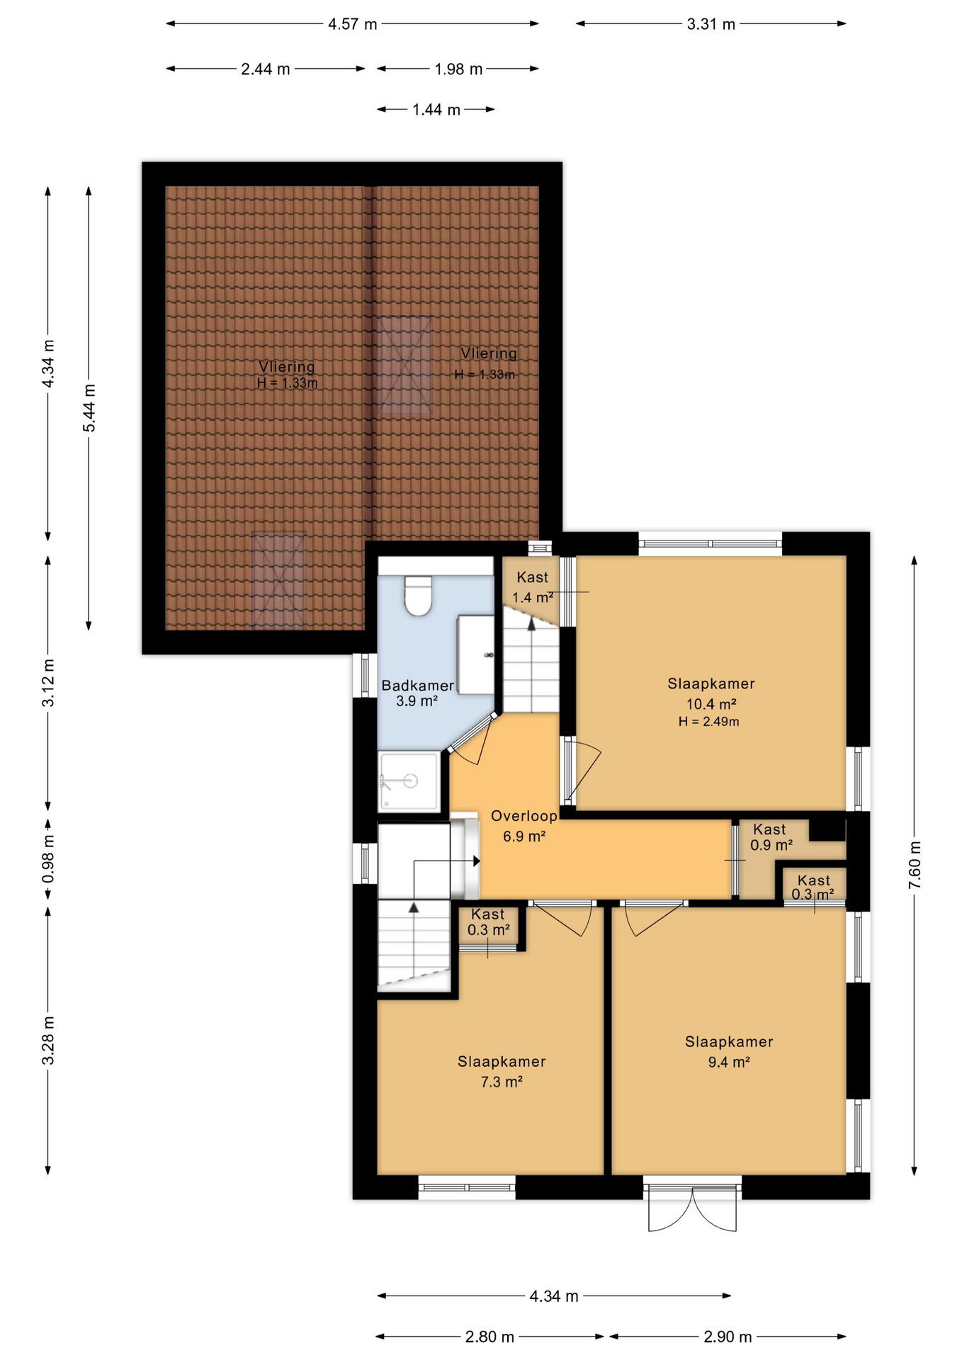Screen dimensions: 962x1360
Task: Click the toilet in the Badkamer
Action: click(x=418, y=595)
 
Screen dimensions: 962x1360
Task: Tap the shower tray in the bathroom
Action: click(x=409, y=781)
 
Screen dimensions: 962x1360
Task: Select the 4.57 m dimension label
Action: click(x=352, y=24)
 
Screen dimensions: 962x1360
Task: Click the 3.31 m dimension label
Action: click(x=711, y=24)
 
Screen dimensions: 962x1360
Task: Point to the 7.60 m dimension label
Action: click(x=915, y=866)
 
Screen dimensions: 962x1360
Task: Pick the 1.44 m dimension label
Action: click(x=436, y=110)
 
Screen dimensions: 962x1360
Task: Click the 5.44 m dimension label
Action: click(x=89, y=408)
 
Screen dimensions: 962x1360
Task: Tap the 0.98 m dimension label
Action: click(x=48, y=859)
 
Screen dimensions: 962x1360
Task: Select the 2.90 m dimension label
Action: click(x=728, y=1337)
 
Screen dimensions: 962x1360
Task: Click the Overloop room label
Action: click(x=524, y=816)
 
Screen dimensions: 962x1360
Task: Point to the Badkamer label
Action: click(x=417, y=686)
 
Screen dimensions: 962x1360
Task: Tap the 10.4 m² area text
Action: click(x=711, y=704)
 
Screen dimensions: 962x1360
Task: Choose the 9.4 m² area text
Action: click(x=729, y=1062)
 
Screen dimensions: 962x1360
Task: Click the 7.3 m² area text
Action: click(x=502, y=1082)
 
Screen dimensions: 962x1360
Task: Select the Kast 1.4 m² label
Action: click(x=533, y=587)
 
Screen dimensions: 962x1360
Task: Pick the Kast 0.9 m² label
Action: click(x=771, y=837)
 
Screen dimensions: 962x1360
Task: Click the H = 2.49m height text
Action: click(x=708, y=722)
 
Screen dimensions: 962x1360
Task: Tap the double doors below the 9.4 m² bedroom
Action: click(x=692, y=1210)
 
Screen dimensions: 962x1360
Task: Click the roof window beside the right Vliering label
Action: click(x=404, y=365)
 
